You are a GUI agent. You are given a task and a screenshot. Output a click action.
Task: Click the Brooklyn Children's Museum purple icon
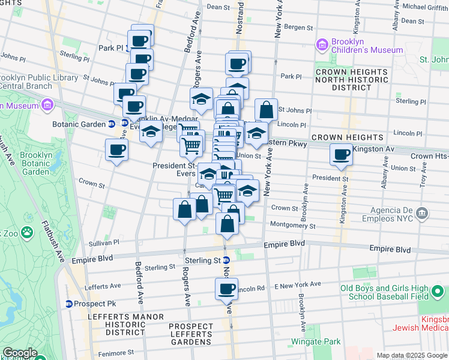click(322, 44)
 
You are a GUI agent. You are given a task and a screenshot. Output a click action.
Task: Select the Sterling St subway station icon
click(226, 260)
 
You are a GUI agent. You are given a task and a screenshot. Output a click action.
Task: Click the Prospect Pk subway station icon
click(69, 304)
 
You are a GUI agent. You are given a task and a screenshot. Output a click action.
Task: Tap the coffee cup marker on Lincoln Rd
click(226, 289)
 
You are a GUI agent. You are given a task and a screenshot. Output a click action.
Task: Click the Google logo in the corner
click(19, 353)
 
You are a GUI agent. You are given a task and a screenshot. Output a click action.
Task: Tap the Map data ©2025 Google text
click(412, 355)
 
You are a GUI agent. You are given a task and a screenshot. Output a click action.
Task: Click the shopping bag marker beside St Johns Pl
click(266, 110)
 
